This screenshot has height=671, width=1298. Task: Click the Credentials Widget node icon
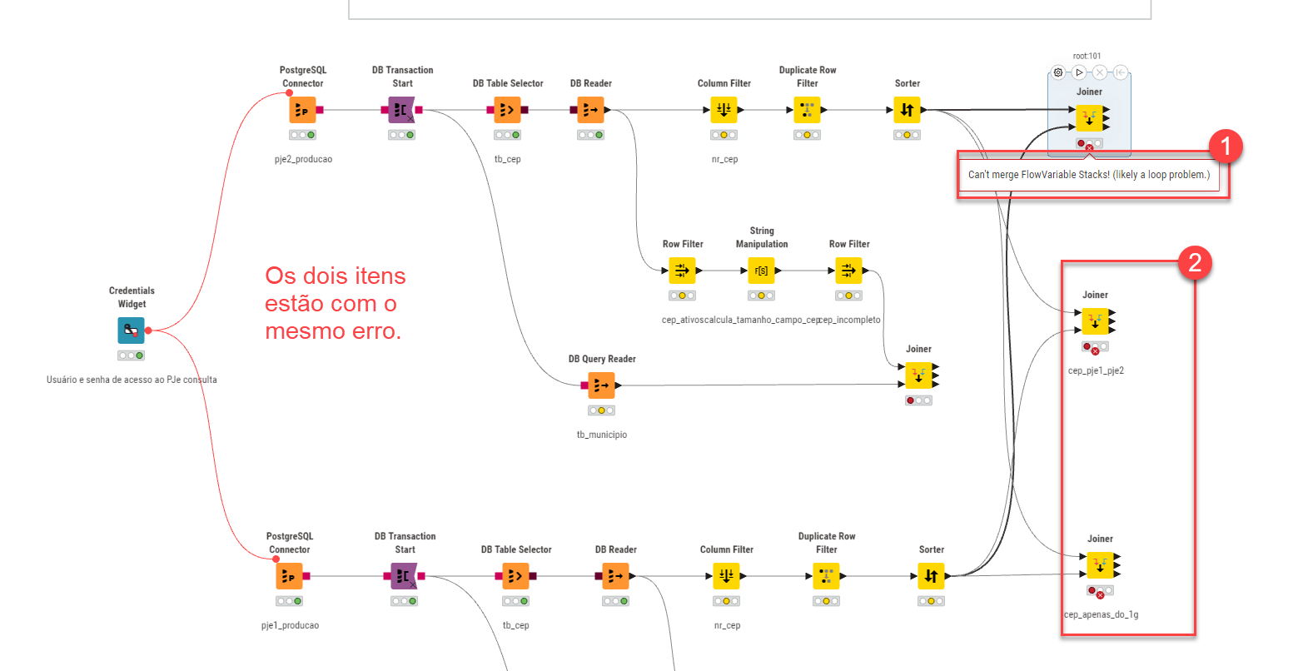[x=131, y=331]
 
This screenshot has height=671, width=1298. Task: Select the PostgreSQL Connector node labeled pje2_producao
[x=302, y=110]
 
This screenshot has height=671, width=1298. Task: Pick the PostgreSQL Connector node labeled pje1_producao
[x=289, y=576]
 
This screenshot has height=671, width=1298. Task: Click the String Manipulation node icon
[x=761, y=271]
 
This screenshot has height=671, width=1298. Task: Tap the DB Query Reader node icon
[x=601, y=385]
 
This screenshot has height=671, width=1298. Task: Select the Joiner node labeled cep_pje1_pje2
[x=1095, y=321]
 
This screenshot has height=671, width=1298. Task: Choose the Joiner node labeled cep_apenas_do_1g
[x=1100, y=565]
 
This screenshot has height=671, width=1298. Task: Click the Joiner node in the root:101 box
[x=1089, y=118]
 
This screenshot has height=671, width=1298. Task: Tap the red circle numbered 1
[x=1225, y=147]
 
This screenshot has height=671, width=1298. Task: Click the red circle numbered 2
[x=1195, y=263]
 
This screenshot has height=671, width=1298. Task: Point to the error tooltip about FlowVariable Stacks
[x=1088, y=175]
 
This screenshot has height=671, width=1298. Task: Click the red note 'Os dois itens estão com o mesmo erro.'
[x=335, y=303]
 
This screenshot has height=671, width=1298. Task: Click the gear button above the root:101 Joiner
[x=1058, y=72]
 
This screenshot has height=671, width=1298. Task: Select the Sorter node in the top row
[x=907, y=110]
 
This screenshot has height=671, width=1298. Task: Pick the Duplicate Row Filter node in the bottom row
[x=826, y=576]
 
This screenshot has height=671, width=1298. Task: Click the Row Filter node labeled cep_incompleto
[x=848, y=271]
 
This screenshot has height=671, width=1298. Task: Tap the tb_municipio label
[x=601, y=435]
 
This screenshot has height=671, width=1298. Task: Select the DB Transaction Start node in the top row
[x=401, y=110]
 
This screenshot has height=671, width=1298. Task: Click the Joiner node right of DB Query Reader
[x=918, y=375]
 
